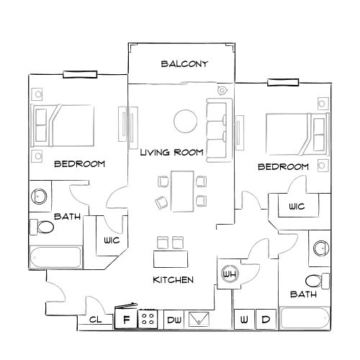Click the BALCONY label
point(184,64)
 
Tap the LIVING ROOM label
point(171,152)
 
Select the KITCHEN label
point(173,279)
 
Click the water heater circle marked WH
point(230,274)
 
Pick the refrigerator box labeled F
point(127,318)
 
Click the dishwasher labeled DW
point(174,319)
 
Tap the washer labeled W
point(245,318)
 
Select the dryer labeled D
point(265,318)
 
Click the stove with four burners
point(150,318)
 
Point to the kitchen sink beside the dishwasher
point(199,319)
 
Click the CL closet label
point(95,319)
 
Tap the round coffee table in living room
point(185,120)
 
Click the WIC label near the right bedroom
point(297,207)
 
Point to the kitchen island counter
point(170,258)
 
